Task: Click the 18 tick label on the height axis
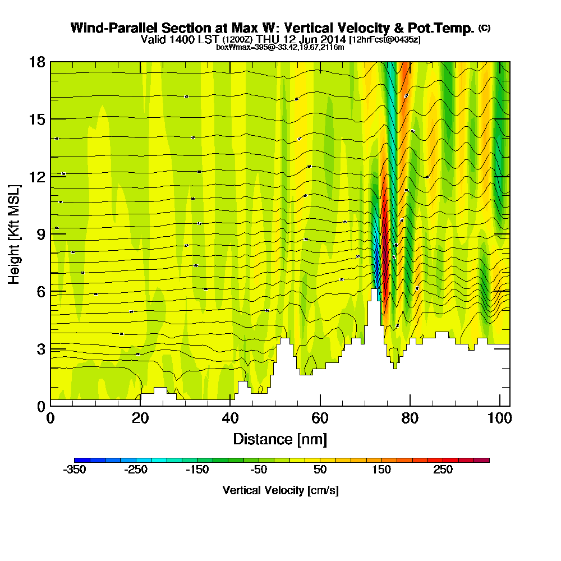(x=37, y=62)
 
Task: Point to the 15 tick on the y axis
(x=37, y=119)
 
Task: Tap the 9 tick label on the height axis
(x=41, y=234)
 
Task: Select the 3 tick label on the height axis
(x=41, y=348)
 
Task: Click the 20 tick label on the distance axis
(x=140, y=419)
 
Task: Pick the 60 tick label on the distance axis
(x=320, y=419)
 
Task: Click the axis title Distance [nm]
(x=280, y=439)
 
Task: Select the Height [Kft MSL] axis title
(x=15, y=233)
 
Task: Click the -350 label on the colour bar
(x=75, y=470)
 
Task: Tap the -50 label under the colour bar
(x=259, y=470)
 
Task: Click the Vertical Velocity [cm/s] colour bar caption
(x=280, y=490)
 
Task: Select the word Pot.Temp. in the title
(x=445, y=28)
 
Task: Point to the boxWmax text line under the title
(x=280, y=47)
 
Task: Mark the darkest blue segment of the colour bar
(x=79, y=460)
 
